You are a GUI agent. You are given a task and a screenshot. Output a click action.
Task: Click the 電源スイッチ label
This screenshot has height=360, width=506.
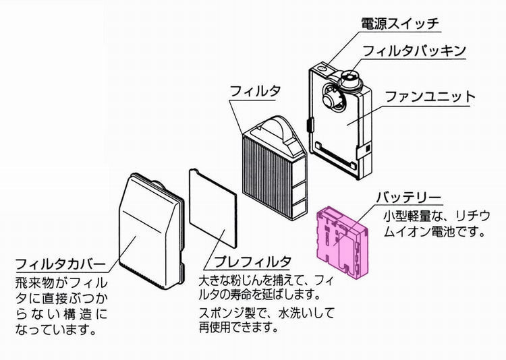click(x=400, y=24)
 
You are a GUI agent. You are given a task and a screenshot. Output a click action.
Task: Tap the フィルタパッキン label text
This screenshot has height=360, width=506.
click(x=414, y=51)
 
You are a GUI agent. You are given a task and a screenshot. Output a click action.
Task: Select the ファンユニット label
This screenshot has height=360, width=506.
click(x=430, y=96)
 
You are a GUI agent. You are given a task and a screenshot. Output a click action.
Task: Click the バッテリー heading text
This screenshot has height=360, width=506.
click(x=408, y=198)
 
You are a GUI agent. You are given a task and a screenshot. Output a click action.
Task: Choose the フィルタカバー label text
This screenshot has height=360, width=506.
click(x=60, y=264)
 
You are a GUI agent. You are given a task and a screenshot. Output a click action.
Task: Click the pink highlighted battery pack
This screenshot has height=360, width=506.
click(x=342, y=242)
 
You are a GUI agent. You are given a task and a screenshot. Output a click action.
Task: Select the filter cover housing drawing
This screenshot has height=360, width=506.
click(x=152, y=231)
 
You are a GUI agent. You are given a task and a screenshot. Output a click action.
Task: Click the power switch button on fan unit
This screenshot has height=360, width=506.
click(x=321, y=68)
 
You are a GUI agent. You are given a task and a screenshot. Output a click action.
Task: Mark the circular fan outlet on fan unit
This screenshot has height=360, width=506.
click(x=331, y=99)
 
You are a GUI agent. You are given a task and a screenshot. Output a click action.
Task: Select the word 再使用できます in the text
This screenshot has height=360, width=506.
click(x=238, y=328)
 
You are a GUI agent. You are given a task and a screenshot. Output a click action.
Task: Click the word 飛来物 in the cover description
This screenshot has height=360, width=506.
click(x=35, y=283)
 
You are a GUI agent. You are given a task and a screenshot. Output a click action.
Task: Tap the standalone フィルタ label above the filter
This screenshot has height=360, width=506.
click(x=255, y=91)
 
